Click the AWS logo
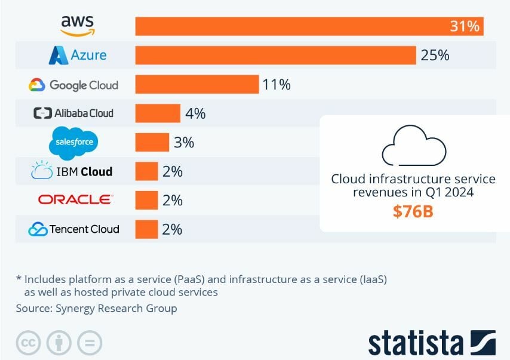(x=78, y=25)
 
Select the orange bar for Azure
(x=275, y=56)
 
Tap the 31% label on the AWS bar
(x=465, y=26)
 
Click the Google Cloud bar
(x=196, y=84)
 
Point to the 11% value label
(x=276, y=85)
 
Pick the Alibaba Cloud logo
(x=73, y=113)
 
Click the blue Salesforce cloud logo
(x=73, y=143)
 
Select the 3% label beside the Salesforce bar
(x=184, y=143)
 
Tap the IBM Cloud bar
(x=146, y=171)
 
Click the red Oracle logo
(x=75, y=199)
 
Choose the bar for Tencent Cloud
(x=146, y=229)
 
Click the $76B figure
(x=413, y=211)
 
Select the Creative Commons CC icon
(x=27, y=343)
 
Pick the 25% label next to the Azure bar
(x=435, y=56)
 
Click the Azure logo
(x=78, y=56)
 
